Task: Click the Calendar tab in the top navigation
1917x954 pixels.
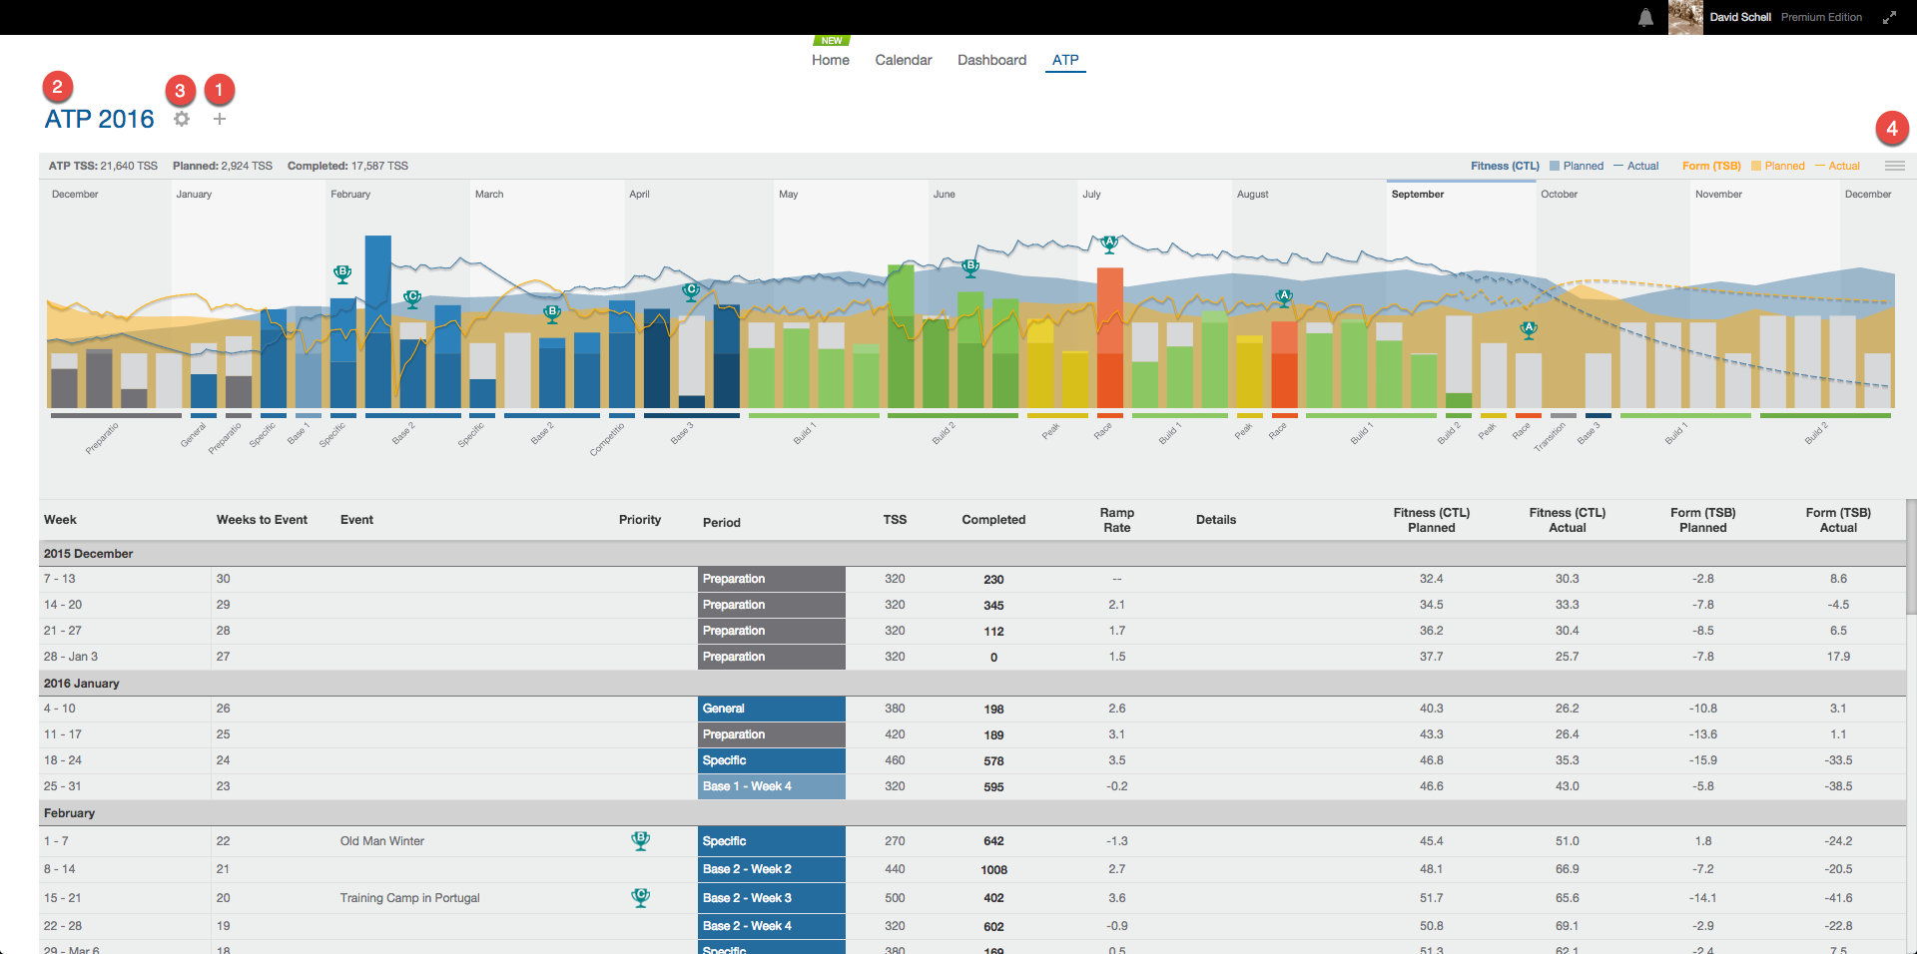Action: (x=903, y=60)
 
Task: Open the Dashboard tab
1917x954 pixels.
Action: (x=991, y=60)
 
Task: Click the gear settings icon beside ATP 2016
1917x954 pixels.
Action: (x=182, y=119)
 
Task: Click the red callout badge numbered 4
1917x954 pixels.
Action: (x=1891, y=128)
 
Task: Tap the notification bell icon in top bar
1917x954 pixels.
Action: (x=1645, y=18)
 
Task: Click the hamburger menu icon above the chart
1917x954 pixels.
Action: (x=1894, y=166)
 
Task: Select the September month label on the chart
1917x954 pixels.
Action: (x=1417, y=195)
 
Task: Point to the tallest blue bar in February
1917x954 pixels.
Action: (x=377, y=319)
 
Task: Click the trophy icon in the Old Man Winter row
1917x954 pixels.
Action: (x=641, y=841)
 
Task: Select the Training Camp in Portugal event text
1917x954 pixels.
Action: (x=409, y=898)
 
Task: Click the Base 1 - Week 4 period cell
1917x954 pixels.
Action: (x=771, y=786)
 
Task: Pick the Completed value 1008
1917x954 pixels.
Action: (x=993, y=870)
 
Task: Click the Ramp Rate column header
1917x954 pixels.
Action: (x=1116, y=520)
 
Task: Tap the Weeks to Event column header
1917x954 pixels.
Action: (x=262, y=520)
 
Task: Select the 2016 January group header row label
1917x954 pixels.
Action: (x=81, y=684)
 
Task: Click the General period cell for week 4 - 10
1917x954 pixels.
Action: (x=771, y=709)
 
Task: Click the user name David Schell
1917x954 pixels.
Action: (x=1739, y=17)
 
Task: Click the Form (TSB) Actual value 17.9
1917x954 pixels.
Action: (x=1837, y=657)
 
